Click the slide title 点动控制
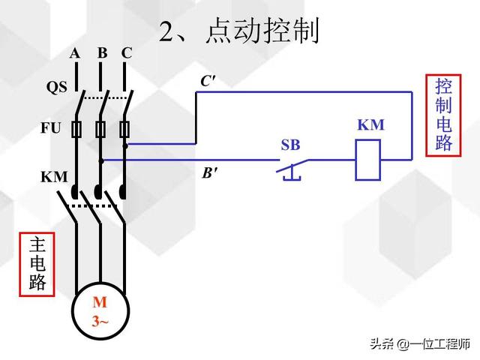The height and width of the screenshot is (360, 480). (x=239, y=31)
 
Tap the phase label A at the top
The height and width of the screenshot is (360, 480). (x=75, y=53)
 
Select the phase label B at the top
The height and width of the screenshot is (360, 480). (x=101, y=53)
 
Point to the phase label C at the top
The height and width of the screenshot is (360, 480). (x=127, y=53)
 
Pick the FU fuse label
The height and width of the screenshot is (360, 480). (x=50, y=128)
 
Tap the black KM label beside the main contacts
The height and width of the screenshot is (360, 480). (x=54, y=178)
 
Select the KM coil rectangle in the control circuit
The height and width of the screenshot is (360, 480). (x=368, y=158)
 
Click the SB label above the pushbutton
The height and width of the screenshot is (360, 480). (x=290, y=145)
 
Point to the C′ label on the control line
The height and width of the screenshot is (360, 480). (x=208, y=81)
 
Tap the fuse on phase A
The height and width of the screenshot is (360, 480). (x=76, y=130)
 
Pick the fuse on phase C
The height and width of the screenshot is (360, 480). (x=125, y=130)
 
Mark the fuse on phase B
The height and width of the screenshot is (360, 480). (x=100, y=130)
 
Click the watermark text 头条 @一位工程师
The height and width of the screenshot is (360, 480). (x=418, y=343)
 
